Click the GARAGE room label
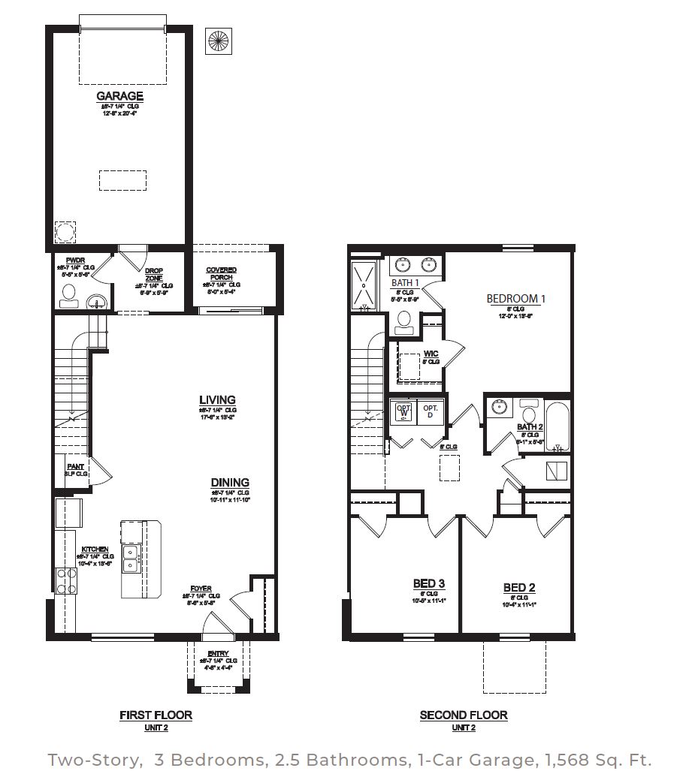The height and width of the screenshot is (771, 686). (x=119, y=96)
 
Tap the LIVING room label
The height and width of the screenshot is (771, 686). (x=217, y=400)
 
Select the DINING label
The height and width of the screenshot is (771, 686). (x=230, y=483)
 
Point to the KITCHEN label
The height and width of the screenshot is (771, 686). (x=95, y=550)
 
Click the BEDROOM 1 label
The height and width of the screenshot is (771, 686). (x=515, y=298)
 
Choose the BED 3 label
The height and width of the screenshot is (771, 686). (x=429, y=584)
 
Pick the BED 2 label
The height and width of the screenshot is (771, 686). (x=519, y=587)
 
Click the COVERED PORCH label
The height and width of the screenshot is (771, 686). (x=222, y=273)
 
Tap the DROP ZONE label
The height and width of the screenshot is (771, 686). (x=154, y=274)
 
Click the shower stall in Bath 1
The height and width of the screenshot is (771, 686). (x=363, y=284)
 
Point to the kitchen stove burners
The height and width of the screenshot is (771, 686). (x=66, y=580)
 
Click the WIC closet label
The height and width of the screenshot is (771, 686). (x=431, y=354)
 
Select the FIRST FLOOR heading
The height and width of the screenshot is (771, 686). (x=156, y=715)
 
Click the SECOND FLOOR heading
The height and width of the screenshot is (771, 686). (x=463, y=715)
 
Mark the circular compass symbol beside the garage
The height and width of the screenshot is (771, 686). (x=219, y=41)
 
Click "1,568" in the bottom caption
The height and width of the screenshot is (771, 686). (x=564, y=759)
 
